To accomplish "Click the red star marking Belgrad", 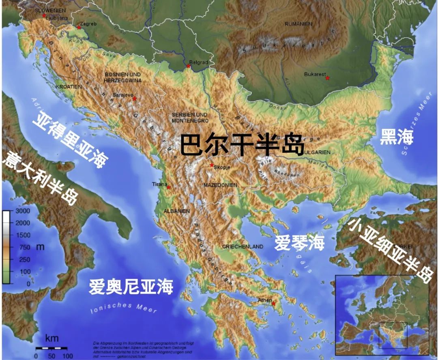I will (188, 66).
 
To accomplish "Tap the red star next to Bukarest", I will (328, 78).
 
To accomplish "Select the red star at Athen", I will (274, 303).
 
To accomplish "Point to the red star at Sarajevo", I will (135, 99).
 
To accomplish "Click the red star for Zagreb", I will (79, 28).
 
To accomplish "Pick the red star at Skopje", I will (212, 165).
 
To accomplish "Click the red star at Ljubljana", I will (44, 15).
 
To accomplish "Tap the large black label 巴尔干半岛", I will (242, 145).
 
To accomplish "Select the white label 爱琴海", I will (300, 242).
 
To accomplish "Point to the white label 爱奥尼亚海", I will (131, 287).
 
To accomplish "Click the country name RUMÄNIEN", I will (298, 24).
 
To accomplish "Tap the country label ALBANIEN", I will (176, 211).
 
